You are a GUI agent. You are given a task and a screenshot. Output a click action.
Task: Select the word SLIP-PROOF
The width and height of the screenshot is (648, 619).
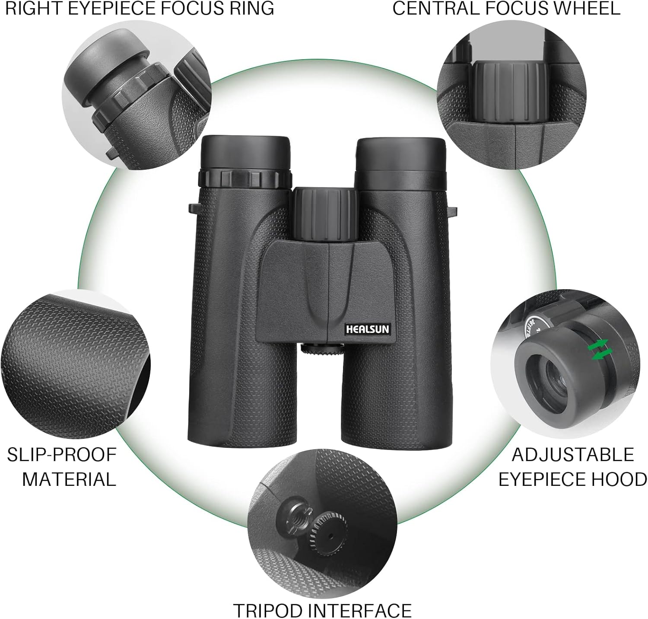[62, 454]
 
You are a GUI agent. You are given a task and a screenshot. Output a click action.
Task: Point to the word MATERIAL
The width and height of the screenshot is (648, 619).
[69, 479]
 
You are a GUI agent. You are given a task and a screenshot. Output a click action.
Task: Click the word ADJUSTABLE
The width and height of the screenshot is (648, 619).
[573, 454]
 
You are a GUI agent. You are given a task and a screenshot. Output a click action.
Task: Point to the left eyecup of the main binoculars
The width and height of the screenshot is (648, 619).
[246, 153]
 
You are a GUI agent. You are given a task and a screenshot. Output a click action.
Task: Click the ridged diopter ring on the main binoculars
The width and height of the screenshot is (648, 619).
[245, 179]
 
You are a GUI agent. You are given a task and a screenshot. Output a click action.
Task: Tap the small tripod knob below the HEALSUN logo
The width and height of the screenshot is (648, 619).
[321, 348]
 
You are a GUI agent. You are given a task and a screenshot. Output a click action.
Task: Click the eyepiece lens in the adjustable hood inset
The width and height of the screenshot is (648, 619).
[552, 375]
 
